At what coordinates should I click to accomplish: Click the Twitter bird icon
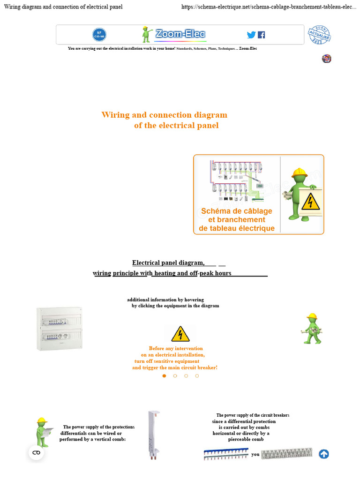[x=251, y=35]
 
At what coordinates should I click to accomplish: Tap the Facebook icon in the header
[x=261, y=35]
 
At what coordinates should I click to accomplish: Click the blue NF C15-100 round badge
[x=99, y=34]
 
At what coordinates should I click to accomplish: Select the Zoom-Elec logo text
[x=180, y=34]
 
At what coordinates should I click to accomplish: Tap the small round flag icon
[x=327, y=58]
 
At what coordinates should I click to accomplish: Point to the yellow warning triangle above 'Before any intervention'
[x=180, y=334]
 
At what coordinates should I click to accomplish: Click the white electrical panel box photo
[x=60, y=329]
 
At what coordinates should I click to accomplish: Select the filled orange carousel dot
[x=164, y=375]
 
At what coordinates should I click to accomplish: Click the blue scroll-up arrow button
[x=323, y=454]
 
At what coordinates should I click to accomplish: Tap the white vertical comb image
[x=153, y=435]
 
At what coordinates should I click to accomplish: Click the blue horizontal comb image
[x=226, y=454]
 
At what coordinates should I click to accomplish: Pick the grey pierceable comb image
[x=286, y=453]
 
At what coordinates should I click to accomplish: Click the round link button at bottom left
[x=36, y=452]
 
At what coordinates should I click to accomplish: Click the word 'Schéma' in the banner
[x=216, y=211]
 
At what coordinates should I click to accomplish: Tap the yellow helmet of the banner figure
[x=299, y=172]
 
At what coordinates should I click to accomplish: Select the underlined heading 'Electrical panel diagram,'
[x=168, y=262]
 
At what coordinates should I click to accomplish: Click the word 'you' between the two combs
[x=255, y=454]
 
